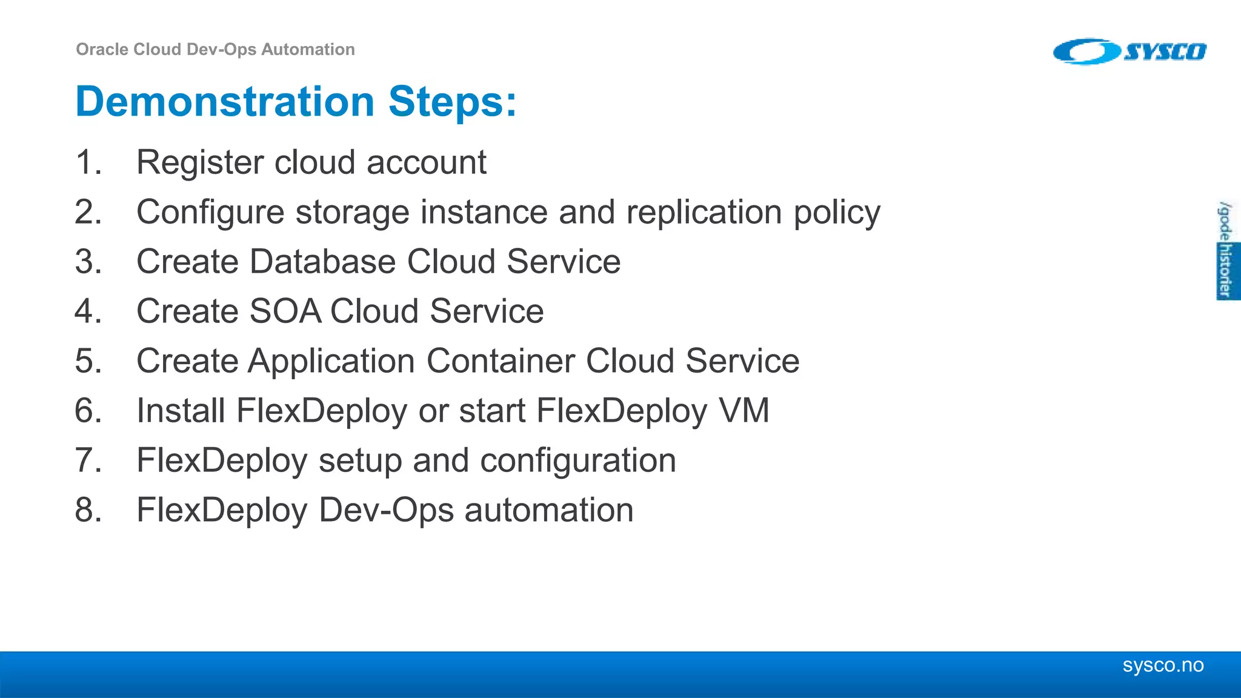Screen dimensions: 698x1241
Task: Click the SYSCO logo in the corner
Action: [1130, 52]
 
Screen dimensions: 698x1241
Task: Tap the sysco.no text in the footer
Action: [1163, 665]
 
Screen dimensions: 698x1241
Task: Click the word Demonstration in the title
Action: [225, 101]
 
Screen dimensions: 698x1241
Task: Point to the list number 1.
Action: [88, 162]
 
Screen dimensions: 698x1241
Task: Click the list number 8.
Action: [88, 510]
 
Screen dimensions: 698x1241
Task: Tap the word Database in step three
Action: [322, 262]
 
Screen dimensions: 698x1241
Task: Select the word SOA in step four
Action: [285, 311]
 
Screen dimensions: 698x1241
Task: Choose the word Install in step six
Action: [181, 411]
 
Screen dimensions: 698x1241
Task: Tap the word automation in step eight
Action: [548, 510]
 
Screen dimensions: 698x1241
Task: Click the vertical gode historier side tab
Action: [1226, 250]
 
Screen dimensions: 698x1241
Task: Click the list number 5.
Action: [88, 361]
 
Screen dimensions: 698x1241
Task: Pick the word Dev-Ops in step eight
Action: [386, 510]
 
